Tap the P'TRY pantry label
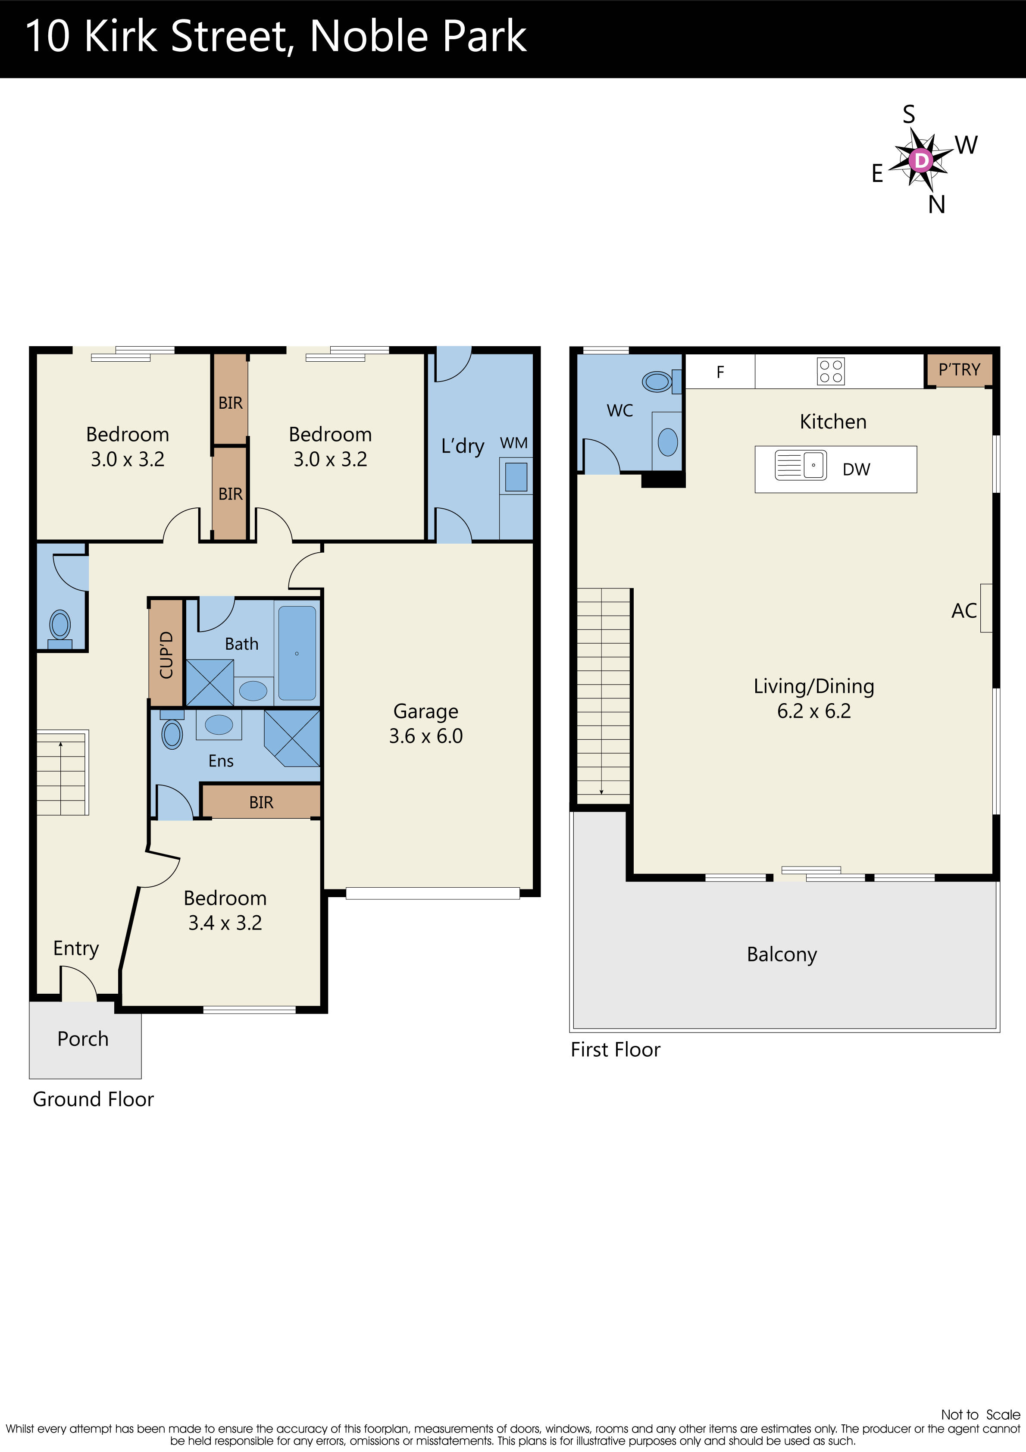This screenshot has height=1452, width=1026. tap(959, 370)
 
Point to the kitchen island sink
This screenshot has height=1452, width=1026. tap(801, 466)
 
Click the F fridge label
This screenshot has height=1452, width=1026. tap(720, 372)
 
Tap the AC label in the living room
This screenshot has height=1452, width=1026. tap(963, 611)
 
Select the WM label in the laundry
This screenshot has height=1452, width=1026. tap(513, 443)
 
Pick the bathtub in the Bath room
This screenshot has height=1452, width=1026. tap(297, 653)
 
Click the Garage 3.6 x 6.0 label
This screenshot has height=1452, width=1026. tap(426, 723)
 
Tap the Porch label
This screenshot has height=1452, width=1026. tap(83, 1039)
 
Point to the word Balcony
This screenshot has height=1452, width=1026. tap(782, 954)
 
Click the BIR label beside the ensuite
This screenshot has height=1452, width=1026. tap(261, 802)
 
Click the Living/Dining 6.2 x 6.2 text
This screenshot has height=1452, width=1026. tap(813, 698)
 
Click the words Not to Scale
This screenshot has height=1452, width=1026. tap(980, 1414)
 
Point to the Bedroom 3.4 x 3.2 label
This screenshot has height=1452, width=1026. tap(225, 910)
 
